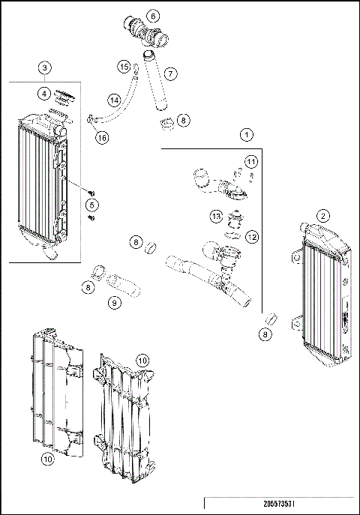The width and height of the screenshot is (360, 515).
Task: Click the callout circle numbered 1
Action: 245,135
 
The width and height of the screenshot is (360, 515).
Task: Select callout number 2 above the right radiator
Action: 323,216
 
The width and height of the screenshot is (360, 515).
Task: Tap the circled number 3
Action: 46,68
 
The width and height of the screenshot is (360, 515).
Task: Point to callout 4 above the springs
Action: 46,94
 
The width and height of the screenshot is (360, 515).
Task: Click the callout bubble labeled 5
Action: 92,204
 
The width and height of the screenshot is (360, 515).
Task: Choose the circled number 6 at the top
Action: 153,16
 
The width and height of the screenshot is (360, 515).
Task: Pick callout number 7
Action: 170,73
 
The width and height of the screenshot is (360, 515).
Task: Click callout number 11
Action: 251,162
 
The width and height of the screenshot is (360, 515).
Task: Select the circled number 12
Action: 252,237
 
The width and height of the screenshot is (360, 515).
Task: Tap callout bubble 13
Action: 216,217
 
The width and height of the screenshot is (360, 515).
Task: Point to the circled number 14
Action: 114,100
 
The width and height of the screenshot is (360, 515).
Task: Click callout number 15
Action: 124,67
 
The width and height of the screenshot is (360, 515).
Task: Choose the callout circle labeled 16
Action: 101,136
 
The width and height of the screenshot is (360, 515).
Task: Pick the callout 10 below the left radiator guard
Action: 47,460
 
